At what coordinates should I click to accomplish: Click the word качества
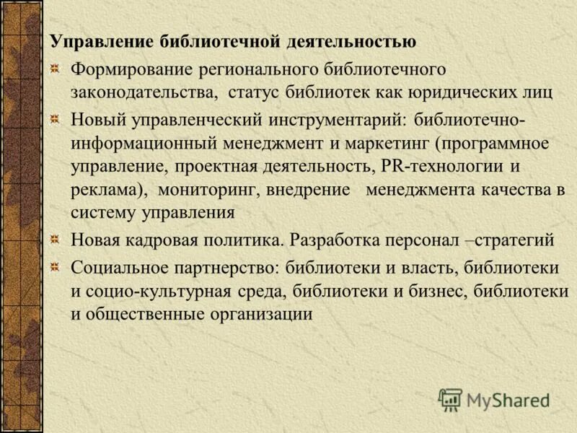(x=514, y=190)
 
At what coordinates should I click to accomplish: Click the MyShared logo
(x=494, y=400)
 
